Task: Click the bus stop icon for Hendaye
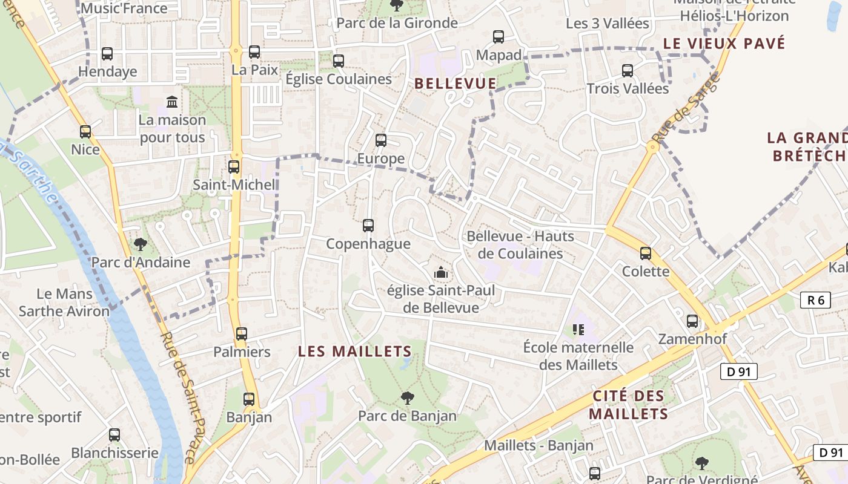pos(107,53)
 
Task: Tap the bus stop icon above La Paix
pos(254,52)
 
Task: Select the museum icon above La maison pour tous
pos(172,101)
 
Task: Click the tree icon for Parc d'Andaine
pos(141,244)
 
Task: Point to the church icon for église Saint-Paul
pos(441,273)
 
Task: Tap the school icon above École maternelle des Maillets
pos(578,330)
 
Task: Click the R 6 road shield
pos(815,299)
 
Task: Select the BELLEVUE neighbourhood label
pos(455,83)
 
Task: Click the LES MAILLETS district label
pos(355,351)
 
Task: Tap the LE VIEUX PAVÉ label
pos(724,44)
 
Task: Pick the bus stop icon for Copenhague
pos(368,226)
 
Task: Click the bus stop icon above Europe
pos(380,140)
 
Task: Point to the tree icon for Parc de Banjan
pos(408,397)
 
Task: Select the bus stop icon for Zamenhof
pos(692,321)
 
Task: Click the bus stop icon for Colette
pos(646,253)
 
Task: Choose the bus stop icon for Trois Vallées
pos(628,71)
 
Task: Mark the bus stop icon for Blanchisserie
pos(114,434)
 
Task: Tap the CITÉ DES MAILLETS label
pos(628,405)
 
